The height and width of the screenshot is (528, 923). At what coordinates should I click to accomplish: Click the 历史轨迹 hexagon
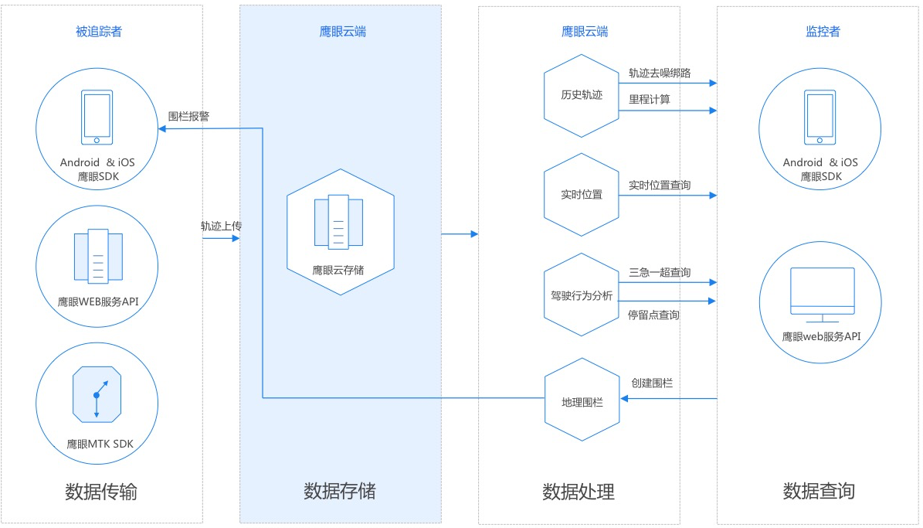582,96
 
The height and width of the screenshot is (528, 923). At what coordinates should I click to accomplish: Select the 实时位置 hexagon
582,194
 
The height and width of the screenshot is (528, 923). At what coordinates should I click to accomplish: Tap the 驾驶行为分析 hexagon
582,295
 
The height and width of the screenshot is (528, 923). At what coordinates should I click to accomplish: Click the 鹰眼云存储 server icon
338,223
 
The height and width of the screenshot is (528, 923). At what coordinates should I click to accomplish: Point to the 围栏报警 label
188,117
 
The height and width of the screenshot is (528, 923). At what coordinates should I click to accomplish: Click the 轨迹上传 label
222,227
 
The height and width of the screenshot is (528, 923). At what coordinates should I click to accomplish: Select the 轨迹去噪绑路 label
660,73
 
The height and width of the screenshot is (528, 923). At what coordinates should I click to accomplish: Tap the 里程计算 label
650,100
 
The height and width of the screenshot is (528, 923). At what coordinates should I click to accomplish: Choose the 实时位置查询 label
660,186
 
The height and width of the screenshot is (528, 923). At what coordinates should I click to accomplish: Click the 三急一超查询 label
660,273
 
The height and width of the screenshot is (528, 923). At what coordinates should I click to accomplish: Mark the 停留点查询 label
654,315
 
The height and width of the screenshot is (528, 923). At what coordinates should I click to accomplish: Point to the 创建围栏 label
653,383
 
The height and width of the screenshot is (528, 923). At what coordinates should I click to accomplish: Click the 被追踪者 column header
98,32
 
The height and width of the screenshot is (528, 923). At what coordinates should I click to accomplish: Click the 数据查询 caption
819,490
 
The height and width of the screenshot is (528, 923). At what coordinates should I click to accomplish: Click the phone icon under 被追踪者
97,118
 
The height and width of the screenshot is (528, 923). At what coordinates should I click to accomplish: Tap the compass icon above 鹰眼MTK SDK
97,395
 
